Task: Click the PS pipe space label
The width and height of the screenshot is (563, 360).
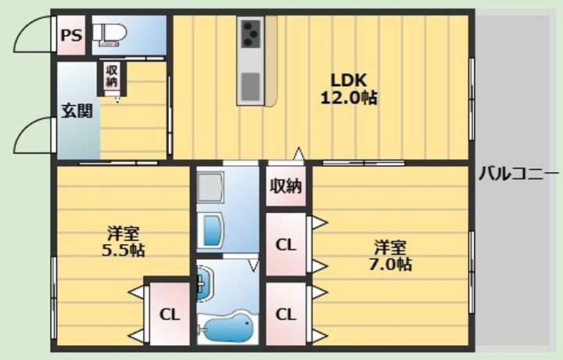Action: [71, 35]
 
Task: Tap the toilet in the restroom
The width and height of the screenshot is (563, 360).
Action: [109, 34]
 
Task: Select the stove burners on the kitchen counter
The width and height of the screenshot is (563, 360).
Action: [250, 34]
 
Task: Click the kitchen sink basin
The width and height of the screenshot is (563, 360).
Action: [250, 87]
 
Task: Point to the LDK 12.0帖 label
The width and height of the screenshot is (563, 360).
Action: [348, 88]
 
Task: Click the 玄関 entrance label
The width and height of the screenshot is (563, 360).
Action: [77, 110]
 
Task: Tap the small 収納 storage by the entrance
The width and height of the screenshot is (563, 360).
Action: [112, 76]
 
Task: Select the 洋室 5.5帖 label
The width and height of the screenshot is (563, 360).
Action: [124, 242]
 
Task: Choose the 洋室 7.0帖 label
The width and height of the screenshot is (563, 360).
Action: [390, 255]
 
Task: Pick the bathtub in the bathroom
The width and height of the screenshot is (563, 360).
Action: [228, 327]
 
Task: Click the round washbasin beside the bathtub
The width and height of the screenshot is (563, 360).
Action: [205, 284]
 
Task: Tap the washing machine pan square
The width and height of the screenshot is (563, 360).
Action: [210, 187]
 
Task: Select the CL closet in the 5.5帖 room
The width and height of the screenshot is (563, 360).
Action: [170, 315]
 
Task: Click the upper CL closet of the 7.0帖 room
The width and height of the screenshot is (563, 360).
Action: [286, 245]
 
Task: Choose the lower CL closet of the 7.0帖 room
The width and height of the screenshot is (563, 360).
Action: [286, 315]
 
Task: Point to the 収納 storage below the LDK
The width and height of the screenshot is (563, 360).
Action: [286, 186]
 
